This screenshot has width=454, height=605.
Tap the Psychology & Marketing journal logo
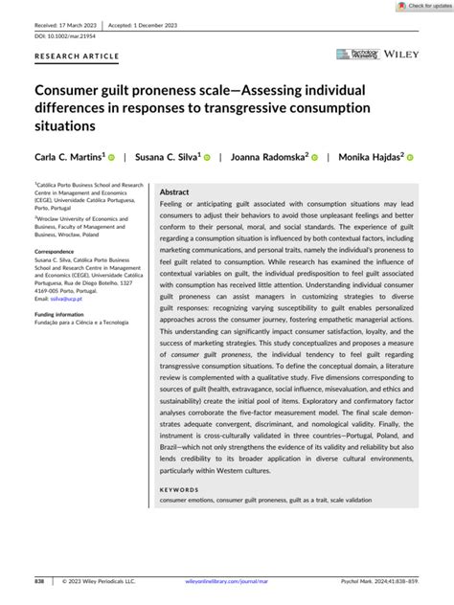click(354, 55)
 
